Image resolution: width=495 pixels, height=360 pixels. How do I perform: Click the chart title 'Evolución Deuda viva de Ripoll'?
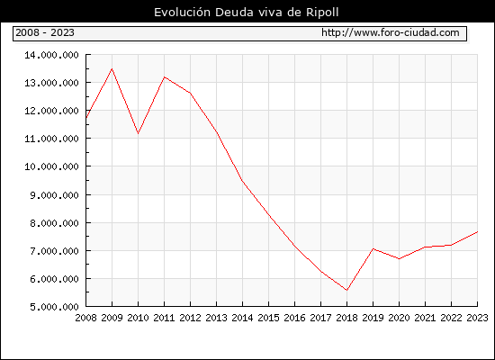(247, 13)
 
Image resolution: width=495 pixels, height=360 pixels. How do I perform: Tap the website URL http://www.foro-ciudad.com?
(391, 32)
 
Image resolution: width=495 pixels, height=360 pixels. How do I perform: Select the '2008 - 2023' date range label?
(45, 32)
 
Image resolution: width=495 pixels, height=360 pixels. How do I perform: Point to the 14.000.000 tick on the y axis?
(51, 55)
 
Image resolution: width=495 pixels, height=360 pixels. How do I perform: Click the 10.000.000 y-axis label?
(51, 166)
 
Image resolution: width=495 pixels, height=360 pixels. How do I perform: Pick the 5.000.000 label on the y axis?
(54, 307)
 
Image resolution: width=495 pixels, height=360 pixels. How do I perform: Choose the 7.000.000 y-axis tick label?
(54, 251)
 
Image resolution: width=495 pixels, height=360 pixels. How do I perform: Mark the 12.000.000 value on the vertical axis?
(51, 111)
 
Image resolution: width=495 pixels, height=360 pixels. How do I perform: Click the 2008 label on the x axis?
(85, 318)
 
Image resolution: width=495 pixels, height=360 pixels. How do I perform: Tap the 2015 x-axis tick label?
(269, 318)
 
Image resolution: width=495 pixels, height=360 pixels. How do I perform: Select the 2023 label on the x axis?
(477, 318)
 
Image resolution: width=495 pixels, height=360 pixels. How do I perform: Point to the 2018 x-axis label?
(346, 318)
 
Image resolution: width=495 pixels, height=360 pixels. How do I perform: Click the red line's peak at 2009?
(112, 68)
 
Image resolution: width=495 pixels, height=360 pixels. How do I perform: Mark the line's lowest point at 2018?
(346, 290)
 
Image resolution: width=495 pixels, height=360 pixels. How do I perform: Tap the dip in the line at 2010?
(138, 133)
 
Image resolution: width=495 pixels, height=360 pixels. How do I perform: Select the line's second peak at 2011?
(164, 77)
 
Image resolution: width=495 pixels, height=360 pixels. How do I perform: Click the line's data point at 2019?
(373, 248)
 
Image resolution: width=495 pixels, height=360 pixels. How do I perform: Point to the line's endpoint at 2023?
(477, 232)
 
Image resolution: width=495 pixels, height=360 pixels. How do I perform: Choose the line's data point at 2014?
(242, 181)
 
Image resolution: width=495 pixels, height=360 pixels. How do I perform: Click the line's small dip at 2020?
(400, 259)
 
